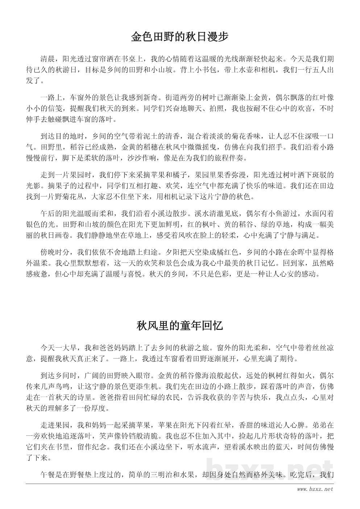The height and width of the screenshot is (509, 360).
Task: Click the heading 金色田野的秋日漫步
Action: pyautogui.click(x=179, y=37)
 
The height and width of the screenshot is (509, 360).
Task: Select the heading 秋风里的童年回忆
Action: pyautogui.click(x=179, y=326)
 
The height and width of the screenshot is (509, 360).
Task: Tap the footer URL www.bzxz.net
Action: pyautogui.click(x=315, y=489)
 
